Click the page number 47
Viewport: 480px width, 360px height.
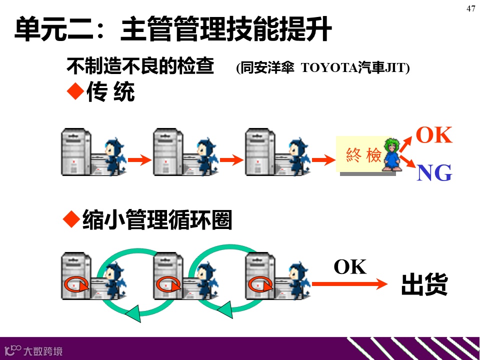point(470,8)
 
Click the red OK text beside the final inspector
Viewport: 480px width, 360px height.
point(434,135)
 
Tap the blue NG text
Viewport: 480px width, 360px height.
point(434,173)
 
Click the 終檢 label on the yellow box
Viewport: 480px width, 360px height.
point(363,155)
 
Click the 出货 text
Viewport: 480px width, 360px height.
point(424,285)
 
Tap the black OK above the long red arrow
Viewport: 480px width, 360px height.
point(350,267)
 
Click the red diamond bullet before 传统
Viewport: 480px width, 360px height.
point(74,91)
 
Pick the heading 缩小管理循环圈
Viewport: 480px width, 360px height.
point(157,220)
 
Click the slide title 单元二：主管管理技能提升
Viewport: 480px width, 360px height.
point(173,30)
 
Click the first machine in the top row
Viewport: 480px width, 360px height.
point(76,151)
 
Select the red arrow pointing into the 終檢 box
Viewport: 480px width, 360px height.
point(323,160)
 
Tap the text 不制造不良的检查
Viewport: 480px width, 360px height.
point(140,66)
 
